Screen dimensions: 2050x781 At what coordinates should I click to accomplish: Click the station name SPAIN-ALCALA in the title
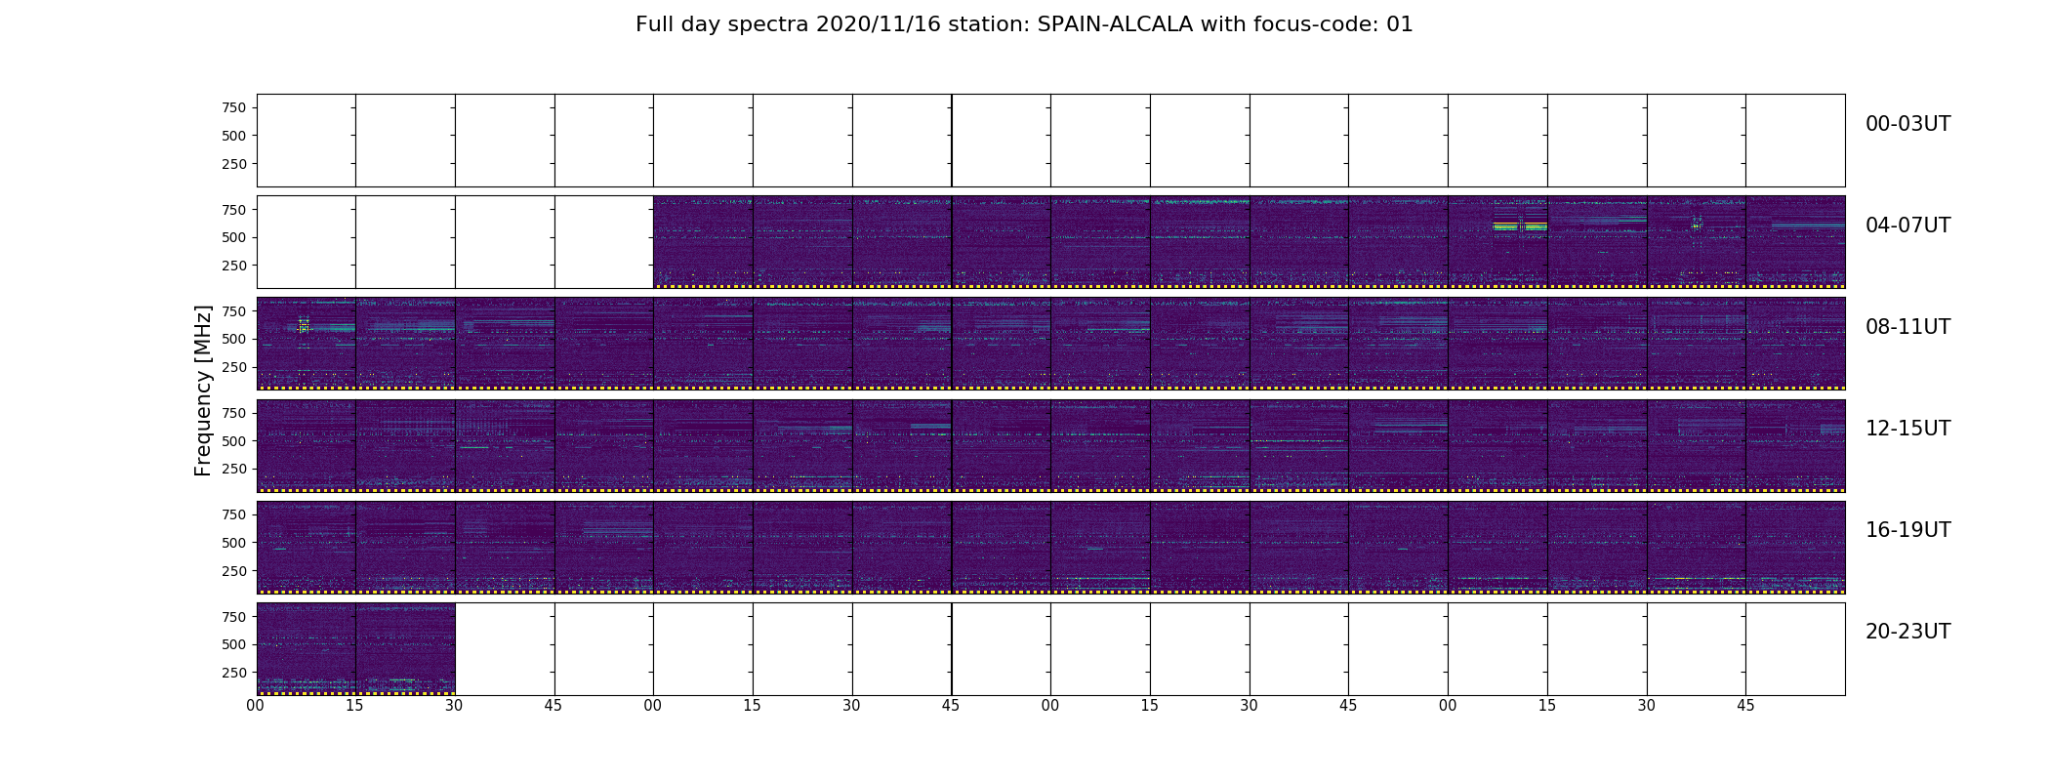[1115, 24]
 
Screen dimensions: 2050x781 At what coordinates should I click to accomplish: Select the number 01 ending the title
[1400, 24]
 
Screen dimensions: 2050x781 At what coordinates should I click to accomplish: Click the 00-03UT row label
[1907, 124]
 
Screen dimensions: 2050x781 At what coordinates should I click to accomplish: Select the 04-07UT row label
[1907, 226]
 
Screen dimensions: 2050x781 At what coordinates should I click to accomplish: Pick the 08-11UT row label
[1907, 327]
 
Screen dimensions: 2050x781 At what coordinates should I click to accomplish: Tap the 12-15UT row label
[1907, 429]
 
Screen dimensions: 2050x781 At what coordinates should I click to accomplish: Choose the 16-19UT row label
[1907, 530]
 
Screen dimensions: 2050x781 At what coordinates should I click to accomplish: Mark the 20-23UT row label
[1907, 632]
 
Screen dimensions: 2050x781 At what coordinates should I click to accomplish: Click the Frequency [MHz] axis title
[203, 390]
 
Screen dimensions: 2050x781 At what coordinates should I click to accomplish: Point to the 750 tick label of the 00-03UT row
[233, 107]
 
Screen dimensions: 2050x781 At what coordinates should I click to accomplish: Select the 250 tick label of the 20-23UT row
[233, 673]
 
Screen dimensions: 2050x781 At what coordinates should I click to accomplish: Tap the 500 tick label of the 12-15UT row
[233, 441]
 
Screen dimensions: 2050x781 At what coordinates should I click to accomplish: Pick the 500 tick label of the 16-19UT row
[233, 543]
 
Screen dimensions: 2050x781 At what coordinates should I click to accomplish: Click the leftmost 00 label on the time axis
[256, 706]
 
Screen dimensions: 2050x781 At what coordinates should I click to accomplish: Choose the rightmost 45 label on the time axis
[1745, 706]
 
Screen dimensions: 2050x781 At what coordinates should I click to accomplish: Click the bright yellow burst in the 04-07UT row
[1520, 226]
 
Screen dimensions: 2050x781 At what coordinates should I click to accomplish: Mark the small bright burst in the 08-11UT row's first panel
[304, 326]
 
